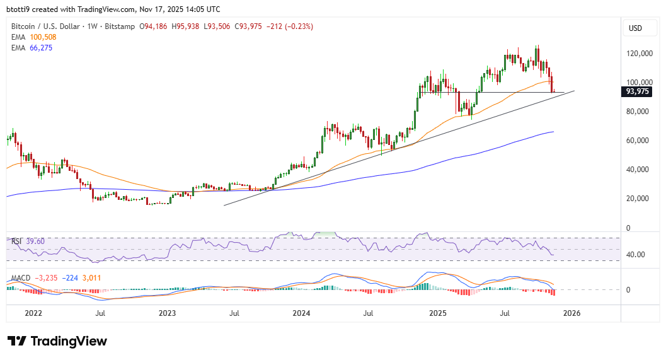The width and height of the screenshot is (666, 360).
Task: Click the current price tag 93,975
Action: point(636,91)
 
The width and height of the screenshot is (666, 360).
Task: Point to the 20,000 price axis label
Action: point(638,199)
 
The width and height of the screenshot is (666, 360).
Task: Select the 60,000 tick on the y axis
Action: point(638,141)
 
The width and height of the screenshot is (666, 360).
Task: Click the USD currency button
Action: point(635,28)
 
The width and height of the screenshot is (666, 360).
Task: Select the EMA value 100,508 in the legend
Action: point(42,37)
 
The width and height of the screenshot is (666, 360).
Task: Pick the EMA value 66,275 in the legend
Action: point(40,47)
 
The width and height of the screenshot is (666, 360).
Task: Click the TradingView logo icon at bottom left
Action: point(17,341)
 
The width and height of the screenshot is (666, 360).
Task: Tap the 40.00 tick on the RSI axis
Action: point(635,255)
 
